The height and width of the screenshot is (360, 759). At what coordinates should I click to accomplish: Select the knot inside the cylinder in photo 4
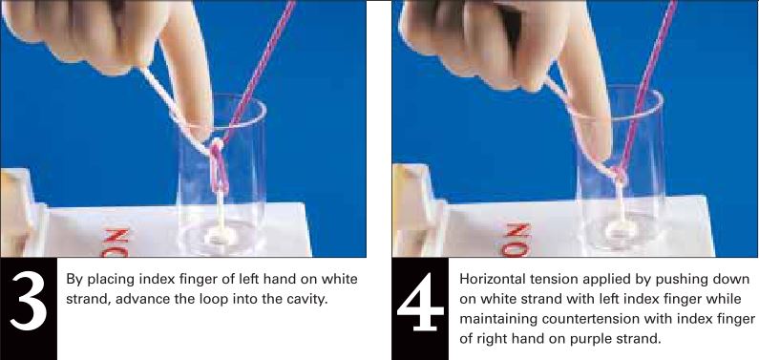619,174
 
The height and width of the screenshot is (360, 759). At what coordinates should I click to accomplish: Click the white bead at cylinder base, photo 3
221,236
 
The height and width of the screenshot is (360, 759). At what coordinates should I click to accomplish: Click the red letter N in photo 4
517,231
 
